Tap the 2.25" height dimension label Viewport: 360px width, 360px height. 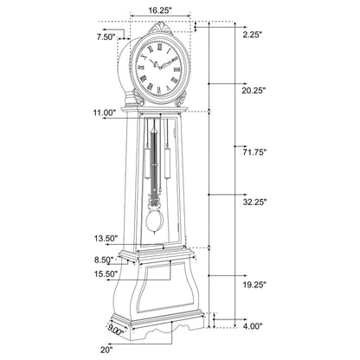click(253, 35)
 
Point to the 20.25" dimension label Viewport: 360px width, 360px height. click(253, 90)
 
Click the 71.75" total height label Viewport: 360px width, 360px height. click(253, 151)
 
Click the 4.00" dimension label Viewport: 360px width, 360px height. click(253, 326)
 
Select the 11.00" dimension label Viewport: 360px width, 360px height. click(104, 112)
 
